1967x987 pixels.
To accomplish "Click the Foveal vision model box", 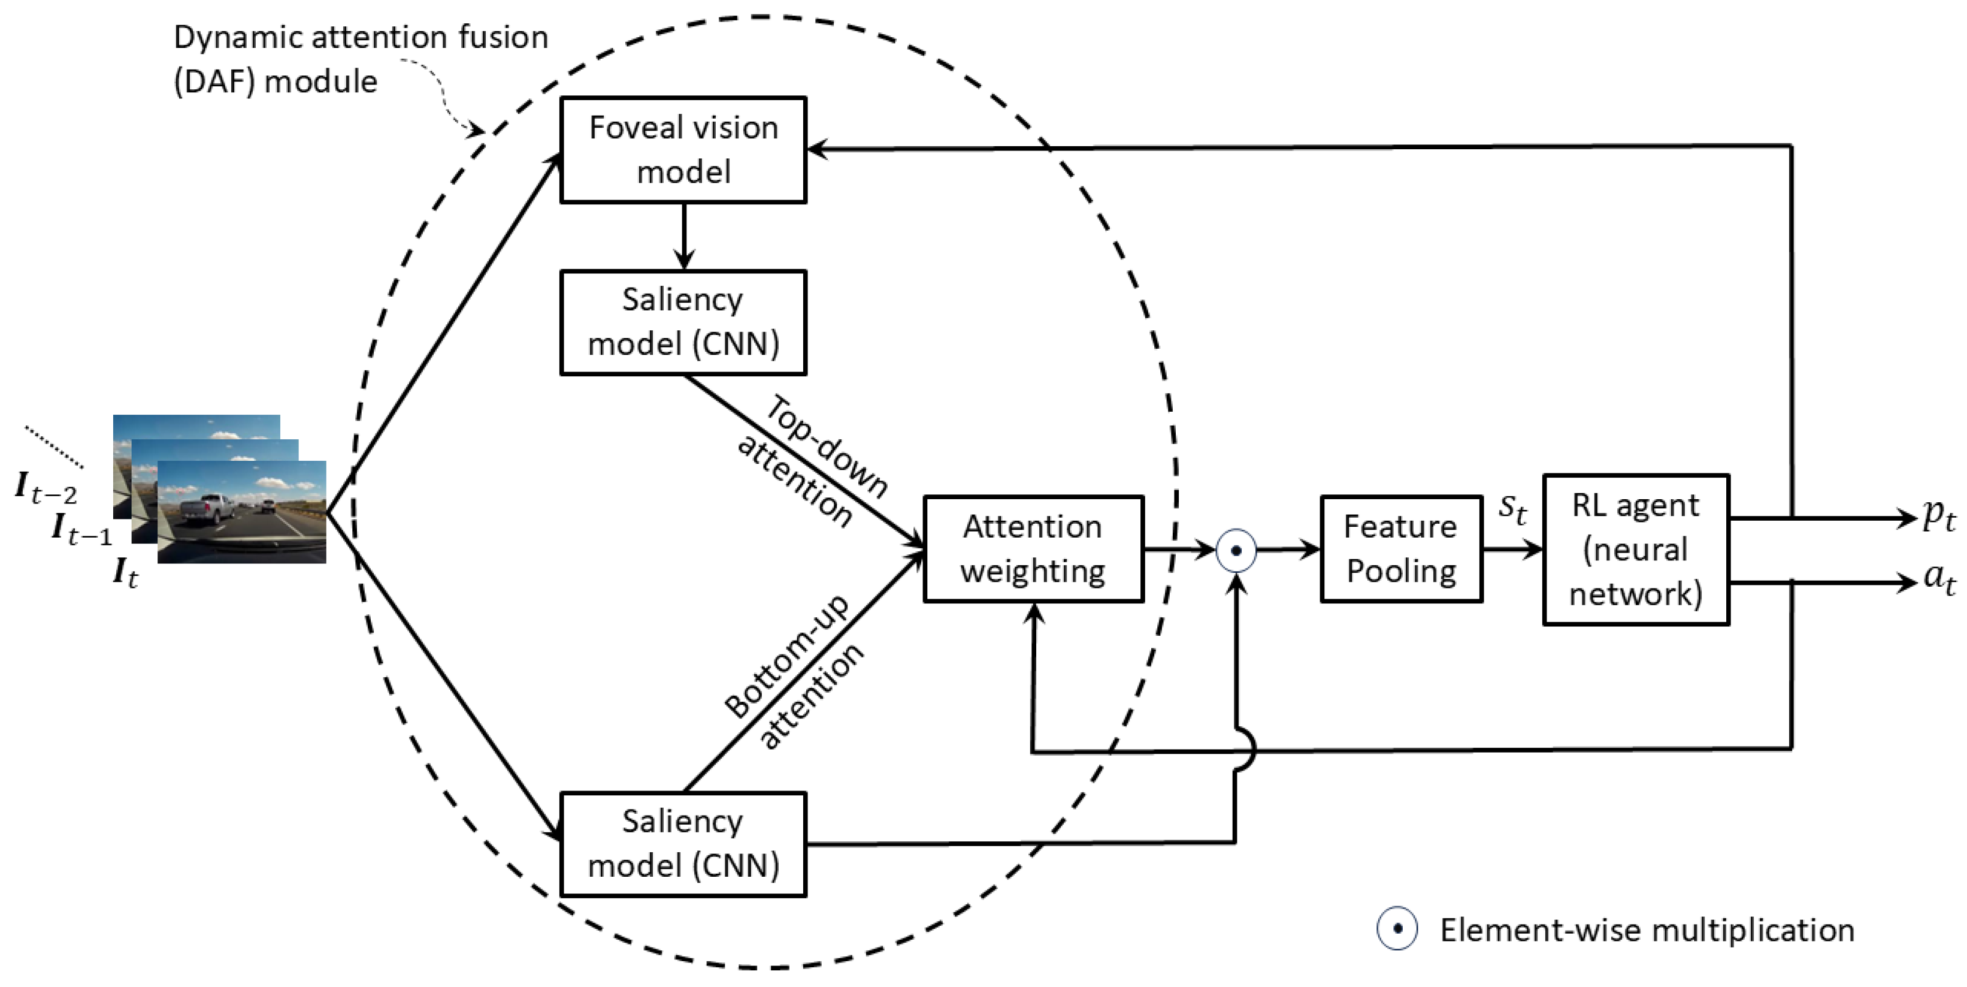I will coord(683,150).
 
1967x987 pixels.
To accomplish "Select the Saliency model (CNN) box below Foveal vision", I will coord(683,322).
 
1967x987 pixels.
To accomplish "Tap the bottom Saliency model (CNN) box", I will coord(683,843).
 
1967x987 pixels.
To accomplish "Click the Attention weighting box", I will coord(1033,548).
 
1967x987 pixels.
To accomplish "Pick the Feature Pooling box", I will coord(1400,548).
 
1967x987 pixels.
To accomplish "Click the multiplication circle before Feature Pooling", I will coord(1236,550).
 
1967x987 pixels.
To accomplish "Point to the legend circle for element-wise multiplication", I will coord(1397,929).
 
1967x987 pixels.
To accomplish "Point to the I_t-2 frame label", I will coord(46,487).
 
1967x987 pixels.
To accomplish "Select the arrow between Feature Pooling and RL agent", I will coord(1512,548).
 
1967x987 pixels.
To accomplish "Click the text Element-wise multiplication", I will coord(1647,929).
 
